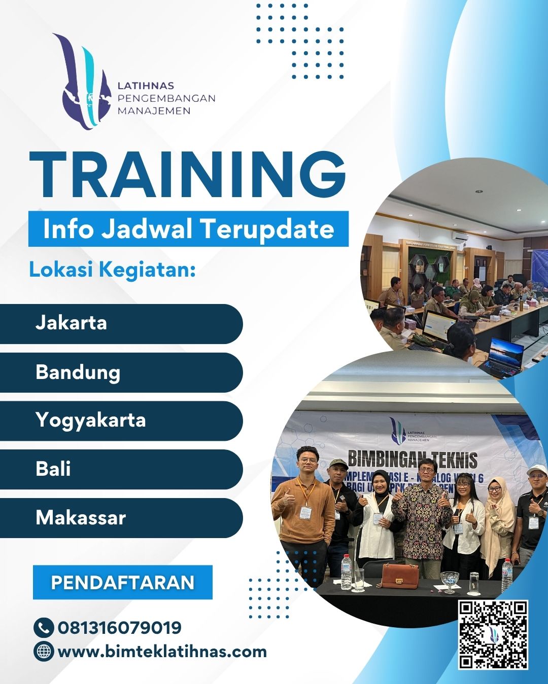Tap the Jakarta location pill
coord(122,323)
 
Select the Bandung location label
coord(122,372)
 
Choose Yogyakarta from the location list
coord(122,421)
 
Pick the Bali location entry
coord(122,469)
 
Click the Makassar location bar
coord(122,518)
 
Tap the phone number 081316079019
coord(120,627)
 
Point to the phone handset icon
coord(44,627)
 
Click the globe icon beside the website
coord(44,651)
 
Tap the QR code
coord(493,634)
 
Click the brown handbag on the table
coord(400,575)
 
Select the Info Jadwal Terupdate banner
coord(188,229)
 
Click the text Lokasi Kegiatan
coord(112,269)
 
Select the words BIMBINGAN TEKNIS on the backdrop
coord(412,460)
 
